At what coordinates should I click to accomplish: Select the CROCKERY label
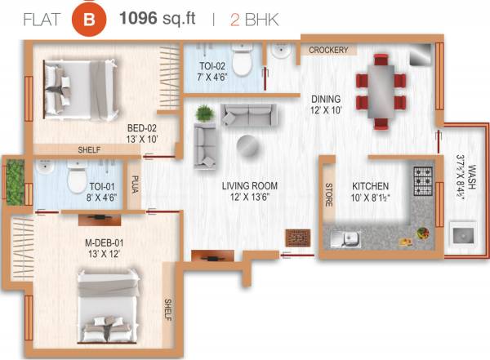click(328, 50)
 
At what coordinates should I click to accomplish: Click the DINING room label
click(327, 100)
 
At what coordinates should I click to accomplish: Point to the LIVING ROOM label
click(249, 185)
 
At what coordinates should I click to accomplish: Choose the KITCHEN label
click(370, 185)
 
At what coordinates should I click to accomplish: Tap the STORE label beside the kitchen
click(330, 195)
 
